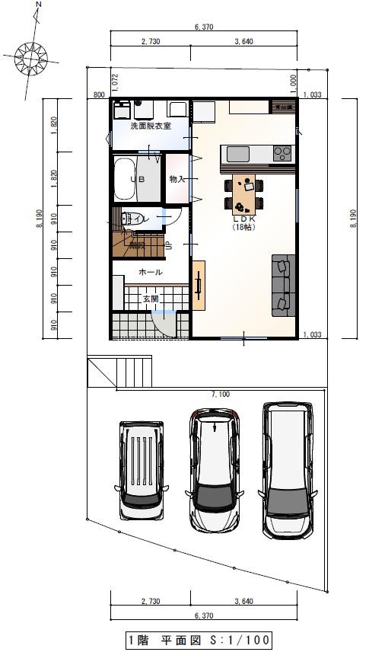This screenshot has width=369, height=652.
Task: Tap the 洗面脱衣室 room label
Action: coord(150,126)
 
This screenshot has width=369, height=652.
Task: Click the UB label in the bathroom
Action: coord(137,179)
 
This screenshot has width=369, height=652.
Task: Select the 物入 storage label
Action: coord(177,179)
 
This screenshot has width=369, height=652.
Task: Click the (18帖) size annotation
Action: coord(243,227)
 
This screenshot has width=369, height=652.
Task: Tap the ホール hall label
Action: coord(150,271)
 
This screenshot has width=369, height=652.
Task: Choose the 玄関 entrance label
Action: coord(151,299)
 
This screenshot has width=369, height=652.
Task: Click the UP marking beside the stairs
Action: coord(168,245)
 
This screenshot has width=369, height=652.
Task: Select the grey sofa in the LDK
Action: coord(281,283)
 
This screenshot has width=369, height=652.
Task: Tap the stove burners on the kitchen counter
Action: coord(282,152)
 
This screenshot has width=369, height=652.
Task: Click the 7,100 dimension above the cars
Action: coord(219,394)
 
